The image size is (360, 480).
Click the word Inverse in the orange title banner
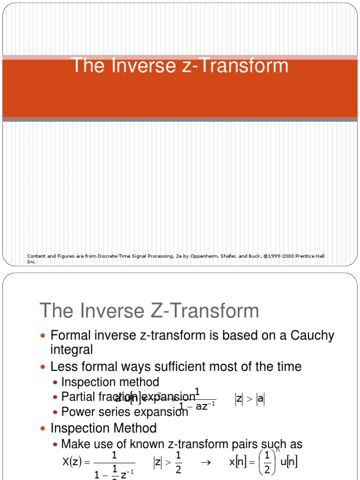pos(136,66)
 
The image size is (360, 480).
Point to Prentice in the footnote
pos(299,256)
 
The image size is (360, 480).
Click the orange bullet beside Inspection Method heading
pos(45,428)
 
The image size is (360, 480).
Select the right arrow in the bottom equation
pos(204,462)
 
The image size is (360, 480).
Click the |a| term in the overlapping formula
pos(261,399)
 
